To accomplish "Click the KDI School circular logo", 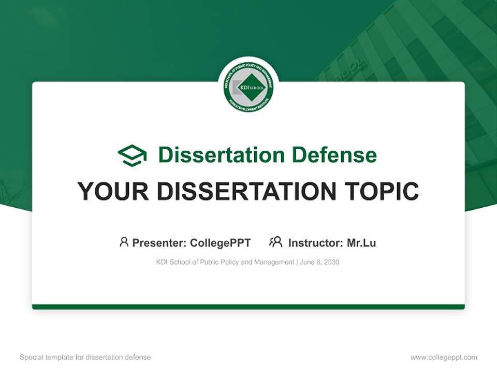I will (248, 87).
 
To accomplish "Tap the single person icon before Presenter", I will (124, 242).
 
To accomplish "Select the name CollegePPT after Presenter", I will (221, 242).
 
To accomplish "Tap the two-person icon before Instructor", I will (275, 242).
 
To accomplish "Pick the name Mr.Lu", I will (361, 242).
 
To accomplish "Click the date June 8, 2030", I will (320, 262).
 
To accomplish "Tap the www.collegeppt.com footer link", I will (444, 357).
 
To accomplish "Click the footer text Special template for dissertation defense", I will (85, 357).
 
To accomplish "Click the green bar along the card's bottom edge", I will (248, 307).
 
